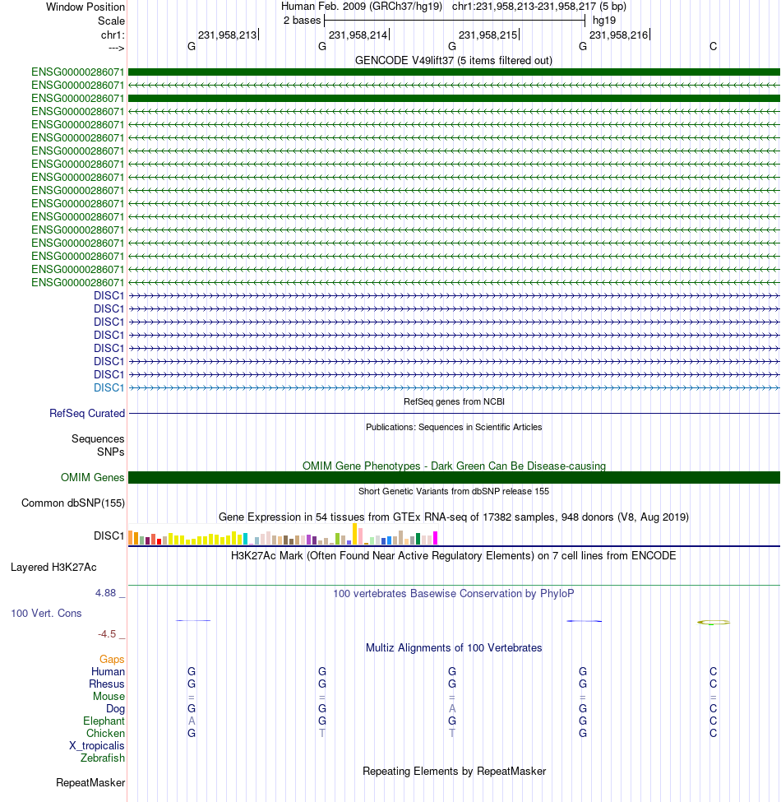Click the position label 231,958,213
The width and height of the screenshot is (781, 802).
point(228,35)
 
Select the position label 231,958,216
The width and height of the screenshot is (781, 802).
point(618,35)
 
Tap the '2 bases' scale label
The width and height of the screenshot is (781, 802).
point(302,21)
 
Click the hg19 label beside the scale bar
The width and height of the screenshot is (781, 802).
point(604,21)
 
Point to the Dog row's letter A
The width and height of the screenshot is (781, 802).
point(452,708)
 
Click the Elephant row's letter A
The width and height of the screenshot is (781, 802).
point(192,721)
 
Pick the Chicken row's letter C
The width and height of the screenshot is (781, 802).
point(713,733)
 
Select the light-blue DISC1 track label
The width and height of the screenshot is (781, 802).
point(109,387)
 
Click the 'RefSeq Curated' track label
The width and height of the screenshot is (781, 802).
point(87,413)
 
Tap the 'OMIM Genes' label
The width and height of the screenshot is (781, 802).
point(93,477)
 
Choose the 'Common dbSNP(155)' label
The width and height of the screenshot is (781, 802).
point(73,503)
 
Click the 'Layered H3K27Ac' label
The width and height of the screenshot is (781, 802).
point(53,568)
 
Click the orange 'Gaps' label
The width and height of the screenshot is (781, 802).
point(112,660)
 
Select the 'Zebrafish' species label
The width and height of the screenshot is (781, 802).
point(102,758)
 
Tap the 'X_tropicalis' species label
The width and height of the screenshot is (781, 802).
point(97,746)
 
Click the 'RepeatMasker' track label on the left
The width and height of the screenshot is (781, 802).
point(90,782)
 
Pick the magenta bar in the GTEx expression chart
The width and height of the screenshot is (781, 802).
point(436,538)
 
